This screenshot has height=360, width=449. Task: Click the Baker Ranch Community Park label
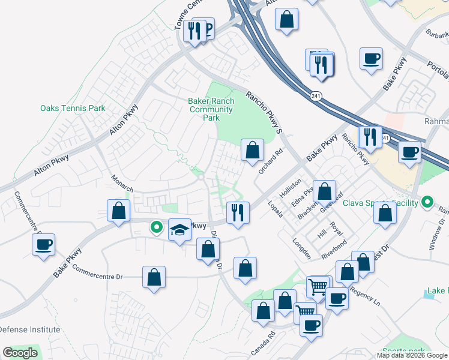[x=211, y=110]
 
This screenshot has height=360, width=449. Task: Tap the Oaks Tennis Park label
[x=73, y=109]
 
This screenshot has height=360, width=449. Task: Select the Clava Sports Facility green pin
[x=427, y=202]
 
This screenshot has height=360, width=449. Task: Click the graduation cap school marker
[x=179, y=230]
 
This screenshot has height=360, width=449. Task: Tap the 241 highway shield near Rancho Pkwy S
[x=316, y=95]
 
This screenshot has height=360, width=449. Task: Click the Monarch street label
[x=122, y=184]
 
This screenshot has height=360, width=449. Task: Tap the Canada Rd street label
[x=263, y=342]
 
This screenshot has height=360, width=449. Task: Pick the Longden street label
[x=301, y=250]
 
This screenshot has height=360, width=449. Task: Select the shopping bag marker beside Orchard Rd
[x=253, y=150]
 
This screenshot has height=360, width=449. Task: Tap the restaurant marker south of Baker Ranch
[x=238, y=213]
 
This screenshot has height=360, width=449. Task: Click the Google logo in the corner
[x=20, y=353]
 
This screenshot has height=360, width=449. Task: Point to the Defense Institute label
[x=29, y=329]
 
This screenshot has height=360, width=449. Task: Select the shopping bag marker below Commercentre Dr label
[x=154, y=278]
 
